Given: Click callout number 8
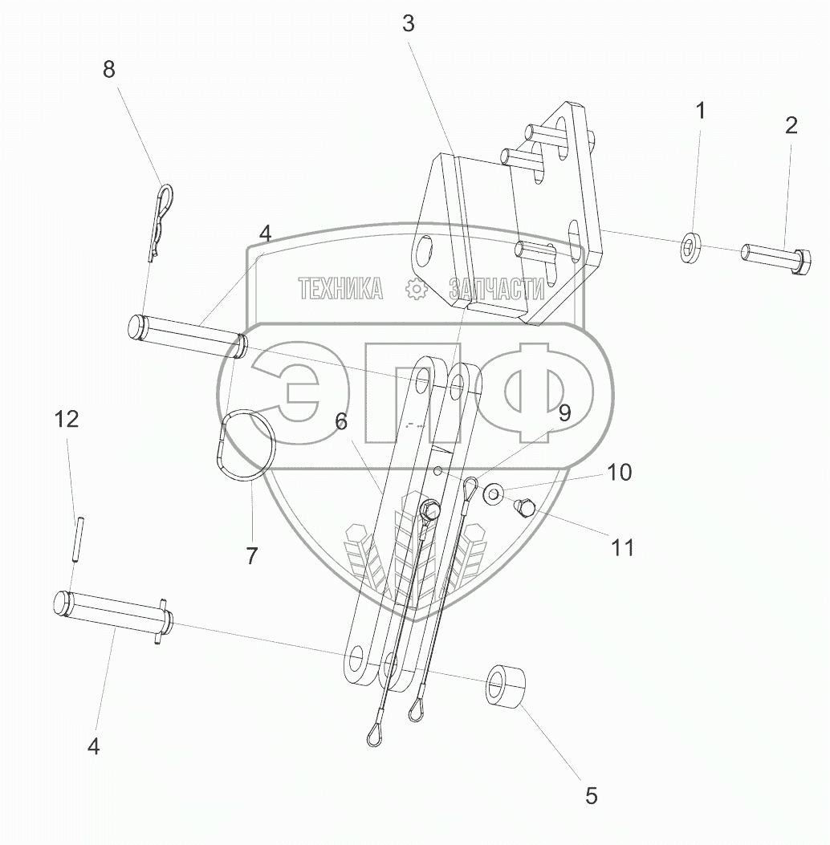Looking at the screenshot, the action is coord(109,70).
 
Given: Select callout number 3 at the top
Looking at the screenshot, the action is coord(409,24).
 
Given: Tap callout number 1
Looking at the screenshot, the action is coord(700,111).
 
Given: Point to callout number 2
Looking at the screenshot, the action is coord(791,125).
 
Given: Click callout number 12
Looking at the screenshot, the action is coord(67,419).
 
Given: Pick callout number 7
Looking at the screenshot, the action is coord(252,556).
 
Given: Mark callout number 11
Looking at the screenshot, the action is coord(623,548).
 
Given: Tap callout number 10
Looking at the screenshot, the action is coord(619,472).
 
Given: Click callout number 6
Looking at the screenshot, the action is coord(341,421).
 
